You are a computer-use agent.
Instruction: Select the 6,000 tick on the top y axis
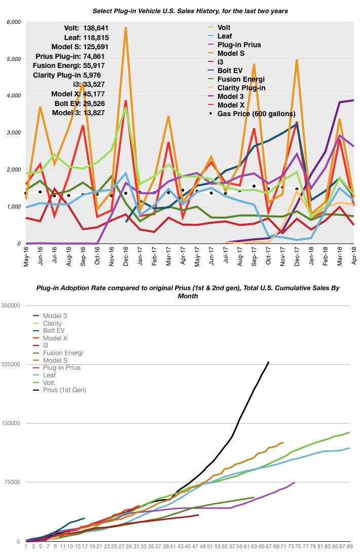click(13, 22)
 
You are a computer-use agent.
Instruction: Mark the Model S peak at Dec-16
click(125, 28)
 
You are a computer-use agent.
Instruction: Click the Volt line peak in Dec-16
click(125, 108)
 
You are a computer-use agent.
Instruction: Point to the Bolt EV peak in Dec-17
click(297, 123)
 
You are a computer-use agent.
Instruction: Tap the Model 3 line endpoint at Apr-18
click(353, 100)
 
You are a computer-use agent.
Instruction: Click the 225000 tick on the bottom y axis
click(13, 364)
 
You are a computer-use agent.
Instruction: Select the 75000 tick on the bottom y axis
click(13, 482)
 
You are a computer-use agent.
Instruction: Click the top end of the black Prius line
click(269, 362)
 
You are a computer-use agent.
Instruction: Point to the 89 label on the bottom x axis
click(349, 547)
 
